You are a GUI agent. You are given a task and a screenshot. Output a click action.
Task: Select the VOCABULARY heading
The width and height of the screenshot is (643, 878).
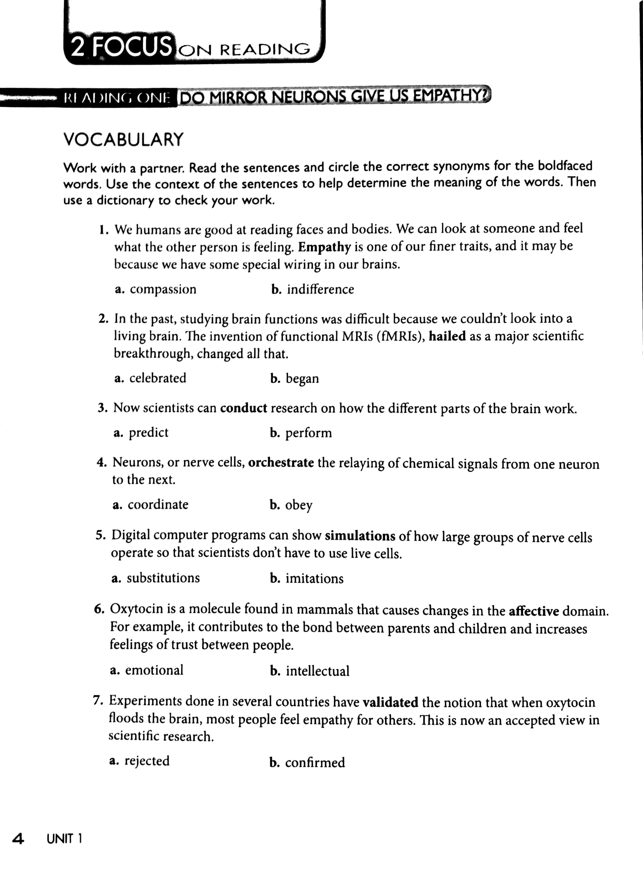[123, 139]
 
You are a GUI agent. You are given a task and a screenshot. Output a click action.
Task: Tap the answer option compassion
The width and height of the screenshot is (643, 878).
[163, 289]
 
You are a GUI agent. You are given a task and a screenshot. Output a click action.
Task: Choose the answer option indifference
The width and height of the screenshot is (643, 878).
[320, 289]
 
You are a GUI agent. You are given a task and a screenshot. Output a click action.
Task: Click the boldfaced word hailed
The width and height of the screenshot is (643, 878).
[447, 336]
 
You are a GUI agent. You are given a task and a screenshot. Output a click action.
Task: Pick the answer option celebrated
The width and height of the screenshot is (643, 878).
[158, 378]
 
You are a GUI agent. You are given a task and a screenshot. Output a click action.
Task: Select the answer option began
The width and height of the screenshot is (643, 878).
[302, 378]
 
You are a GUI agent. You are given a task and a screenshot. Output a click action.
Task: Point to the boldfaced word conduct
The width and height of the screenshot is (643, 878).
[244, 408]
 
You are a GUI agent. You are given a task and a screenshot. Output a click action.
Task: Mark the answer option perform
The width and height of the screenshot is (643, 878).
[308, 433]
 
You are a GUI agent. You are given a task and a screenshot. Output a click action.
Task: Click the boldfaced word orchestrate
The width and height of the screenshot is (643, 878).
[281, 463]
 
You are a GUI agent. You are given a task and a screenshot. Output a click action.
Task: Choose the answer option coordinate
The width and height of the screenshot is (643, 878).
[158, 505]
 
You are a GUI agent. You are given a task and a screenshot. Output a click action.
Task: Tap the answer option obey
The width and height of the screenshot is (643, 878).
[299, 505]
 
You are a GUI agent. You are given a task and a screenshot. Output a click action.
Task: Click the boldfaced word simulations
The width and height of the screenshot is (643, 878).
[360, 536]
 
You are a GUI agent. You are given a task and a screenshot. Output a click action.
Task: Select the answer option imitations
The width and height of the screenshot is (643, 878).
[314, 579]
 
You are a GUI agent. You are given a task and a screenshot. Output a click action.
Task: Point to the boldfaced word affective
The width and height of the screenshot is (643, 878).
[534, 611]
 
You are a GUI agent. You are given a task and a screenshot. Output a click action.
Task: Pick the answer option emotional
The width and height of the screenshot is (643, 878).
[154, 670]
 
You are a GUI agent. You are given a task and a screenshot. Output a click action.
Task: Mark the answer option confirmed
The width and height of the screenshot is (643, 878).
[315, 763]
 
